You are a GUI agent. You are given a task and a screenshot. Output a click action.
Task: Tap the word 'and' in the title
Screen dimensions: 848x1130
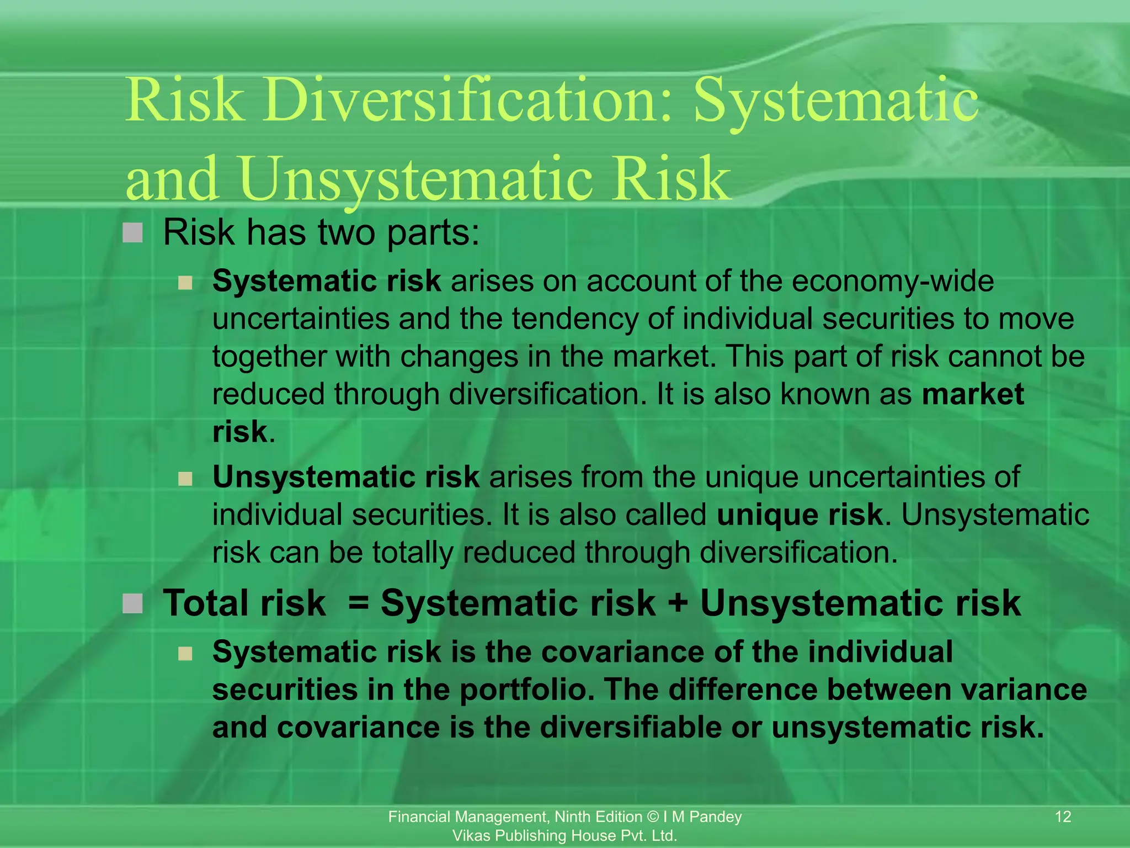coord(172,178)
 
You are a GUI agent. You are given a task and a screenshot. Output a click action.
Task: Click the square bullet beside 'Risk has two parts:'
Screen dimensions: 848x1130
coord(132,233)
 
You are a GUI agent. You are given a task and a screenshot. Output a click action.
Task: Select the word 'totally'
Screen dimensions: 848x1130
coord(412,552)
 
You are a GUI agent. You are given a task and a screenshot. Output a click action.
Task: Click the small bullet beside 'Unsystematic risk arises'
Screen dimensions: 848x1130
coord(185,478)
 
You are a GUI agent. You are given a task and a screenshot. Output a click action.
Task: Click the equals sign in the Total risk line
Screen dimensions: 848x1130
coord(359,602)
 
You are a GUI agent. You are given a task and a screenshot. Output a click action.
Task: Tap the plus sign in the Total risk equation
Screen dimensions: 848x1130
coord(678,602)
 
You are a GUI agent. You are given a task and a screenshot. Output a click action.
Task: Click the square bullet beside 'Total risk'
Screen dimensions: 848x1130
coord(132,603)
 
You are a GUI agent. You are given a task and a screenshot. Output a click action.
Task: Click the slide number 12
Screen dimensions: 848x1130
coord(1063,817)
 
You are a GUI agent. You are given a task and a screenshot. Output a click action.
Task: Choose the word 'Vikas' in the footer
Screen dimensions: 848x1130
coord(471,836)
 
